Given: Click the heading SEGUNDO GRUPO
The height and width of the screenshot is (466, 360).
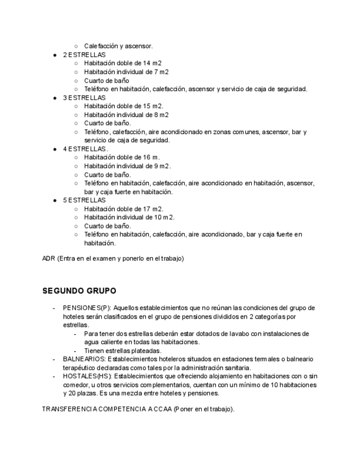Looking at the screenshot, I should pyautogui.click(x=79, y=291).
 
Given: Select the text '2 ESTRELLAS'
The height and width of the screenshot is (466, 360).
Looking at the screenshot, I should pyautogui.click(x=84, y=55).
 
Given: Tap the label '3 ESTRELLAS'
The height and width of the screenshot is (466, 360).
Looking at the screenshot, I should pyautogui.click(x=84, y=97).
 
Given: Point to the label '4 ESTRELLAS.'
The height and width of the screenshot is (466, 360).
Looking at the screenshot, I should pyautogui.click(x=85, y=149).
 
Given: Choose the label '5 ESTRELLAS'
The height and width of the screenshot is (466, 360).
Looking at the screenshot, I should pyautogui.click(x=84, y=200).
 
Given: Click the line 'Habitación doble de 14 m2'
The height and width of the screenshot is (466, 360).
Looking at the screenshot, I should pyautogui.click(x=123, y=63).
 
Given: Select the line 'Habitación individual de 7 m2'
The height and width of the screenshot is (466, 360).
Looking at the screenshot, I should pyautogui.click(x=126, y=72).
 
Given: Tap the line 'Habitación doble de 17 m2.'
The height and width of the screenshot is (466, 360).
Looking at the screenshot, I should pyautogui.click(x=124, y=209).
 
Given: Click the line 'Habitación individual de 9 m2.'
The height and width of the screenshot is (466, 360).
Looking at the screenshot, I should pyautogui.click(x=128, y=166).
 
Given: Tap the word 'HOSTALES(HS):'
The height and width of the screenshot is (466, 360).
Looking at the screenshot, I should pyautogui.click(x=85, y=376).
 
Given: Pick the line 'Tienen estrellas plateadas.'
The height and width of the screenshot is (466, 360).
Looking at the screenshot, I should pyautogui.click(x=123, y=351).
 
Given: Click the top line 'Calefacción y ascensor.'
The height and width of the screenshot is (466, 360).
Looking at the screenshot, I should pyautogui.click(x=118, y=46).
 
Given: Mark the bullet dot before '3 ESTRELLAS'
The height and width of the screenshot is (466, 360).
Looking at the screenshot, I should pyautogui.click(x=56, y=98).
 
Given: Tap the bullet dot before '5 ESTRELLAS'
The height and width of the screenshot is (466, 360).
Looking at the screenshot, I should pyautogui.click(x=56, y=201).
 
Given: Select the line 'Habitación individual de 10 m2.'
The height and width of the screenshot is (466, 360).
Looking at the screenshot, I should pyautogui.click(x=129, y=217).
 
